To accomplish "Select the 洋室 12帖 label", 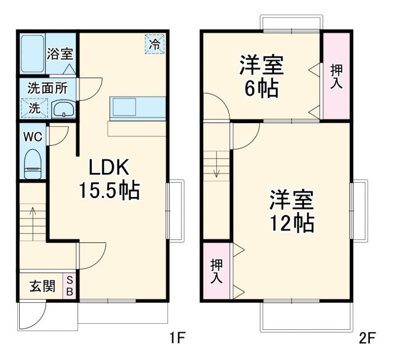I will pyautogui.click(x=291, y=211).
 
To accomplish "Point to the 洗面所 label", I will pyautogui.click(x=47, y=88).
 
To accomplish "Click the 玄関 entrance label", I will pyautogui.click(x=42, y=286).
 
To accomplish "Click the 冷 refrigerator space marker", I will pyautogui.click(x=156, y=44).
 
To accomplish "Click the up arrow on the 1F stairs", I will pyautogui.click(x=33, y=218).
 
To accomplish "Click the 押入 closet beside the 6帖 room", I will pyautogui.click(x=336, y=76).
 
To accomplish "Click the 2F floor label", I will pyautogui.click(x=368, y=337).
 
